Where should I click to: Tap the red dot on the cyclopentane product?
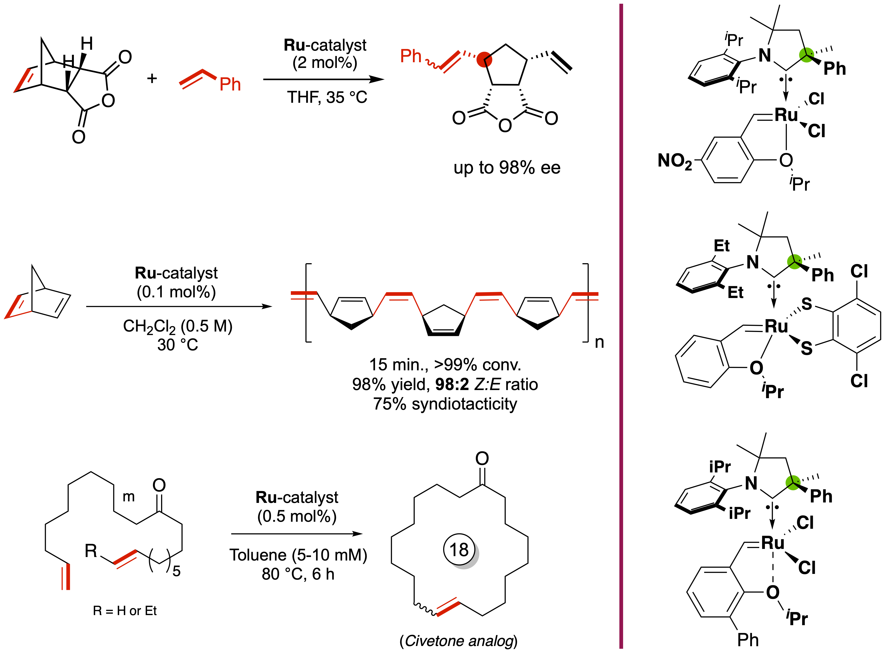click(484, 59)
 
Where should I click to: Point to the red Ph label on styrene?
click(230, 84)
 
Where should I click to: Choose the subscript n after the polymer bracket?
click(599, 342)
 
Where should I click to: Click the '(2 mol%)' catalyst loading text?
click(325, 62)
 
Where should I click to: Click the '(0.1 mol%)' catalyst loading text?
click(176, 292)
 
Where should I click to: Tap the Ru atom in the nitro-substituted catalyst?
click(786, 115)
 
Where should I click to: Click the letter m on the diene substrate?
click(128, 497)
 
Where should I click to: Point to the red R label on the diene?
click(91, 551)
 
